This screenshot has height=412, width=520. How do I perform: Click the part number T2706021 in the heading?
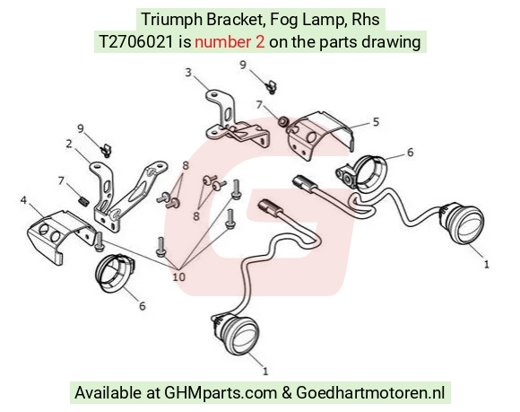tap(136, 42)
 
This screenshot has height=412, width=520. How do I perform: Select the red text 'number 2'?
tap(230, 42)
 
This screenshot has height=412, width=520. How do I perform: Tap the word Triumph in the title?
tap(172, 20)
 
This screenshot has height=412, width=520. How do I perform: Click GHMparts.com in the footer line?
tap(221, 393)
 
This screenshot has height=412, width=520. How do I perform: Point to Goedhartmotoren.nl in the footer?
tap(370, 393)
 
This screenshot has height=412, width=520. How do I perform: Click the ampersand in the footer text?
tap(287, 393)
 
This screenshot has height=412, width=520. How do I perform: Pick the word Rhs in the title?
tap(366, 20)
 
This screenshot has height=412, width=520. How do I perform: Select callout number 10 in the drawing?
tap(178, 276)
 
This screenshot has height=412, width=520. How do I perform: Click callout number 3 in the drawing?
tap(188, 73)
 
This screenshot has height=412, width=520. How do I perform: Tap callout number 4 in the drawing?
tap(23, 200)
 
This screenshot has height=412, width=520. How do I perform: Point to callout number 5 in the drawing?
tap(376, 122)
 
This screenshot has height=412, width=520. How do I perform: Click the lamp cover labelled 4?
tap(59, 234)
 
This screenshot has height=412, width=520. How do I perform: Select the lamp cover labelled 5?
tap(320, 134)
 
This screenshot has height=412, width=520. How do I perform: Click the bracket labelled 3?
tap(232, 121)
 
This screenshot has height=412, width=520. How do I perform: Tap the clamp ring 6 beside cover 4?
tap(115, 273)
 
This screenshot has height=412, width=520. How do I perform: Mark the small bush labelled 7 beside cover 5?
tap(283, 122)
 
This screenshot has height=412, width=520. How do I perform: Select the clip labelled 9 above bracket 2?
tap(106, 150)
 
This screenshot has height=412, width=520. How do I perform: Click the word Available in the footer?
tap(108, 393)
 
